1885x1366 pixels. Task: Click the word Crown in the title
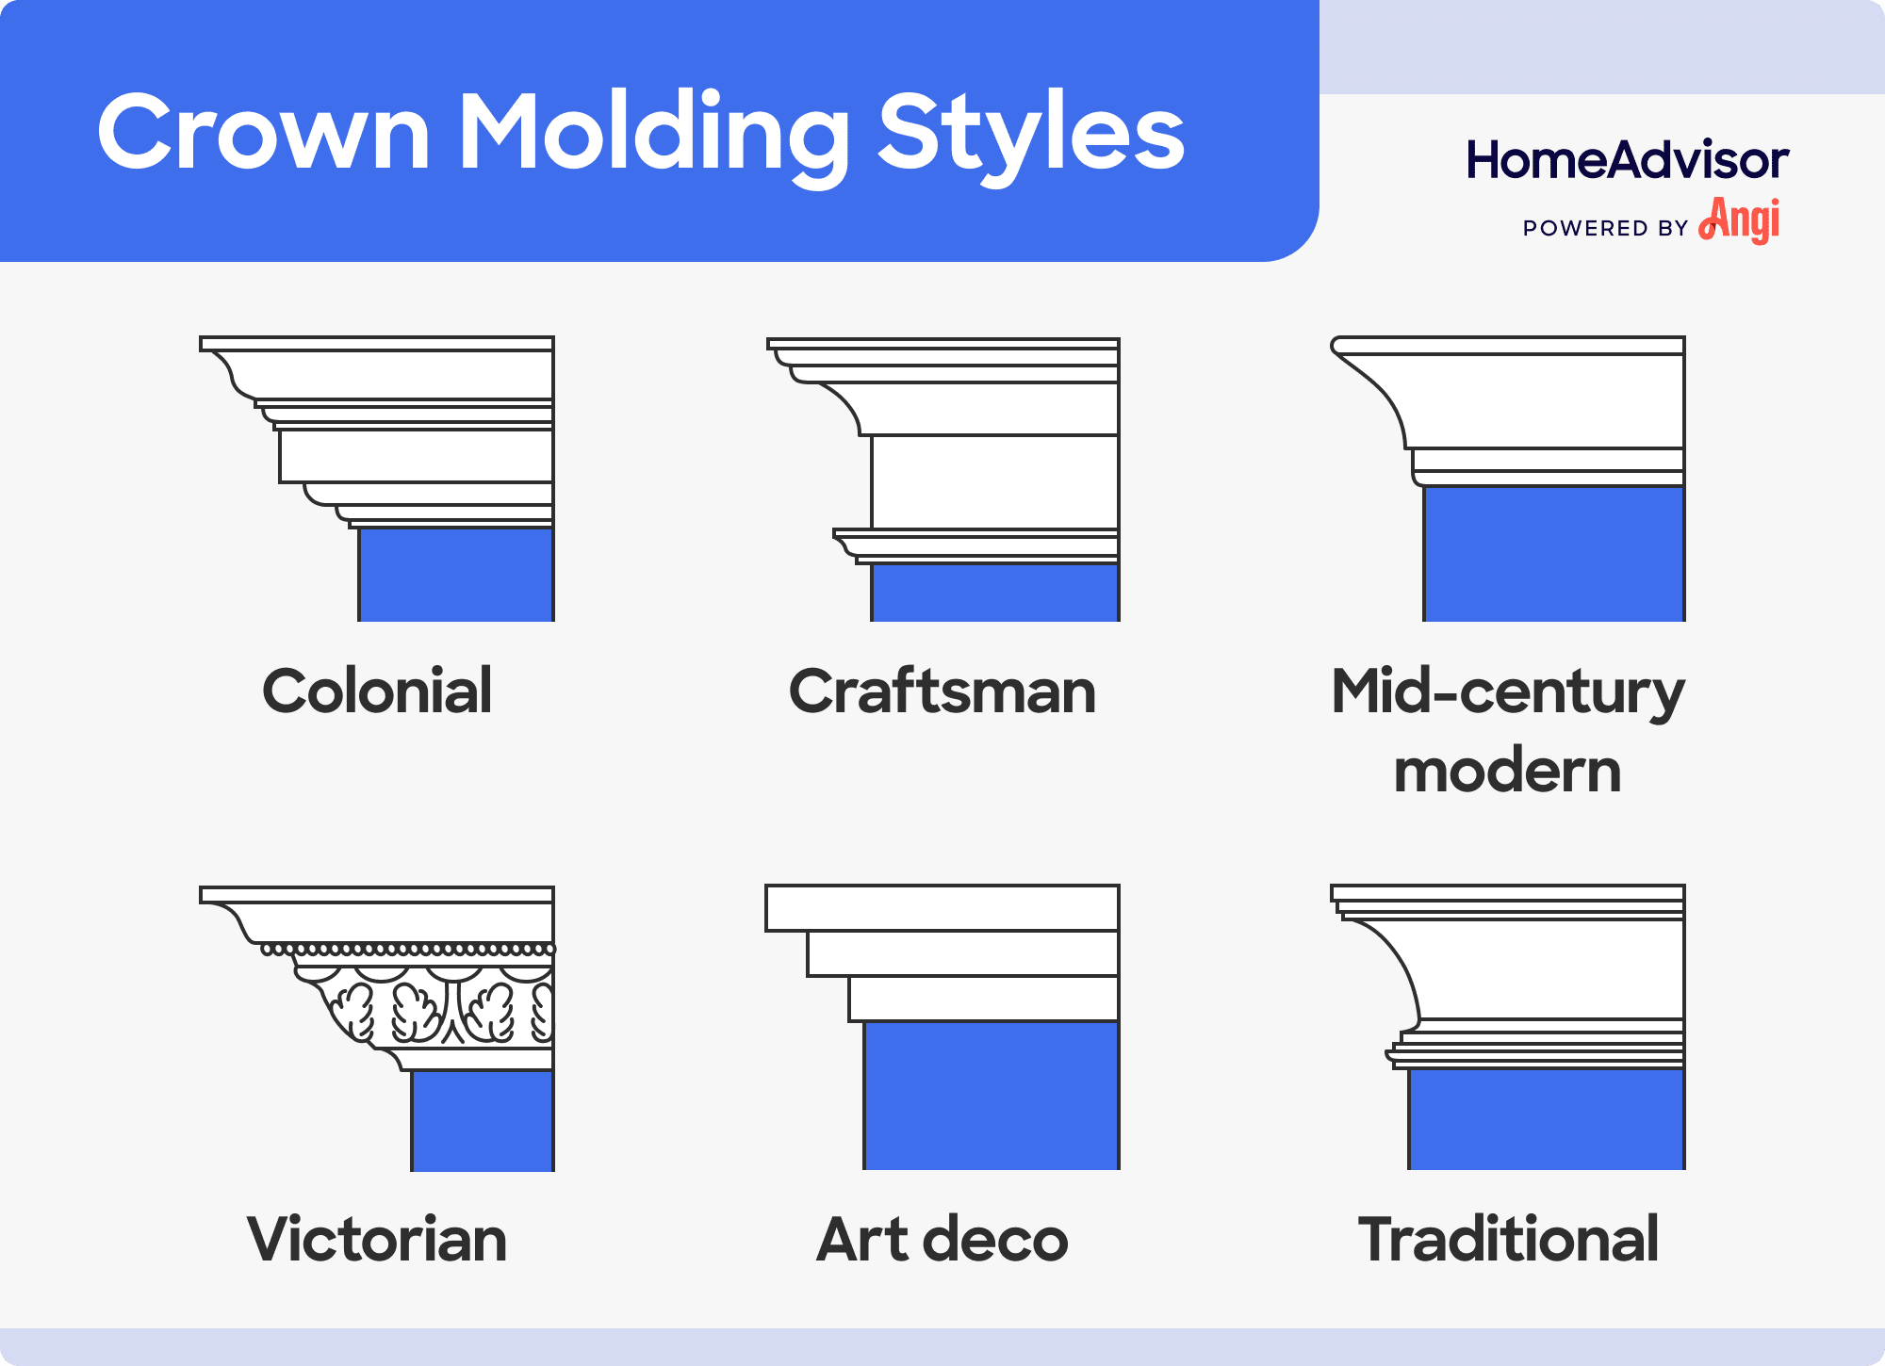[x=264, y=132]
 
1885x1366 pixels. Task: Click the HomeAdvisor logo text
[x=1627, y=160]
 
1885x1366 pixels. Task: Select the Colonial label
[x=377, y=691]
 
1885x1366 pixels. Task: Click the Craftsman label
[x=942, y=691]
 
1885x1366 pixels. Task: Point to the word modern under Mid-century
[x=1507, y=771]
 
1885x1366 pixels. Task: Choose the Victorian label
[x=377, y=1239]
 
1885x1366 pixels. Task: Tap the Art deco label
[x=942, y=1239]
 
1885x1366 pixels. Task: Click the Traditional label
[x=1508, y=1239]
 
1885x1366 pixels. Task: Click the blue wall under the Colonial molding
[x=456, y=574]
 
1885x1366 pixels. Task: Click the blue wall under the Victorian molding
[x=483, y=1120]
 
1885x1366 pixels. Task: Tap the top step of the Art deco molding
[x=942, y=908]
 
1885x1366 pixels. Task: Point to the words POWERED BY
[x=1605, y=228]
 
